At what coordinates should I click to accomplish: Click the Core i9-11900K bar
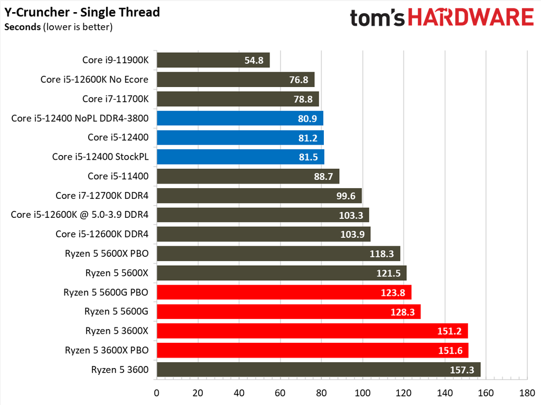coord(213,60)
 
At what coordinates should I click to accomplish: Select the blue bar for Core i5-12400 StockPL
coord(240,157)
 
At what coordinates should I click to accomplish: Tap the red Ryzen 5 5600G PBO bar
coord(284,292)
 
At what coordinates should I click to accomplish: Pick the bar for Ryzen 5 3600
coord(318,369)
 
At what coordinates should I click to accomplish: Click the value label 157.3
coord(462,370)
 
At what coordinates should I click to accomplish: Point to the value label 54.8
coord(254,60)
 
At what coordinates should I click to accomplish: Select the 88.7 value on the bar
coord(323,176)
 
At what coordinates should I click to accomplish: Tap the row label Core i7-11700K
coord(116,99)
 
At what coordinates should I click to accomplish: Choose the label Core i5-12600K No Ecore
coord(95,80)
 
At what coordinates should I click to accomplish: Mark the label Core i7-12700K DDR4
coord(102,196)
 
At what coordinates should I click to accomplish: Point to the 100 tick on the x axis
coord(362,393)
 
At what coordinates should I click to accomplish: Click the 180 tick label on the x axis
coord(527,393)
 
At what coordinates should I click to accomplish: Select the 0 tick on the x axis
coord(156,393)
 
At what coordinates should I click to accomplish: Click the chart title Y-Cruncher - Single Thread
coord(82,12)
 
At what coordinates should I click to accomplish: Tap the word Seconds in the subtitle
coord(22,27)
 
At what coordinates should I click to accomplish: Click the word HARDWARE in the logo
coord(470,17)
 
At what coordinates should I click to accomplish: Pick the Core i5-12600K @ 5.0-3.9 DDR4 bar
coord(263,215)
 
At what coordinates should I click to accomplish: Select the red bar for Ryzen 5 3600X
coord(312,331)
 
